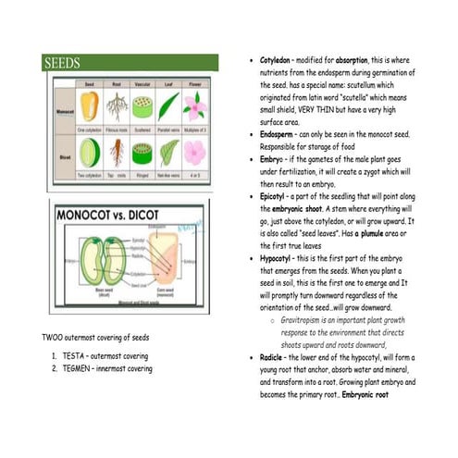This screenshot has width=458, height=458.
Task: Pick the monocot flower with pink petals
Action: (x=194, y=108)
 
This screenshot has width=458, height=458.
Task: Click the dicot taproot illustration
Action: (x=118, y=153)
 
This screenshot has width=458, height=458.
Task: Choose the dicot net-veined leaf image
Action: (x=169, y=153)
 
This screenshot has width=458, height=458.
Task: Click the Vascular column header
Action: (x=142, y=85)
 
